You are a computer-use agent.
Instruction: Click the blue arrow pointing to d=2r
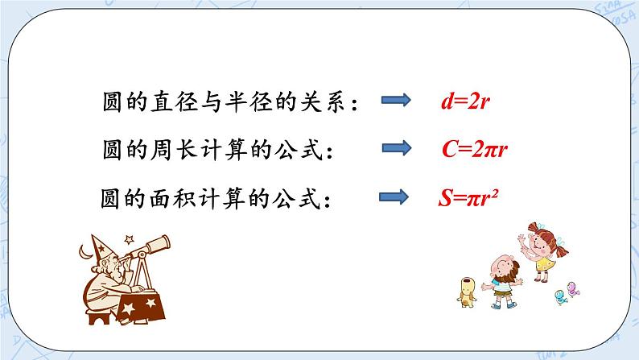395,101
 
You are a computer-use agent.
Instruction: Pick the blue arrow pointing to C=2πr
395,148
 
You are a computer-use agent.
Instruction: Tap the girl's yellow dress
544,261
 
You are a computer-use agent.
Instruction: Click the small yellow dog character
465,293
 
